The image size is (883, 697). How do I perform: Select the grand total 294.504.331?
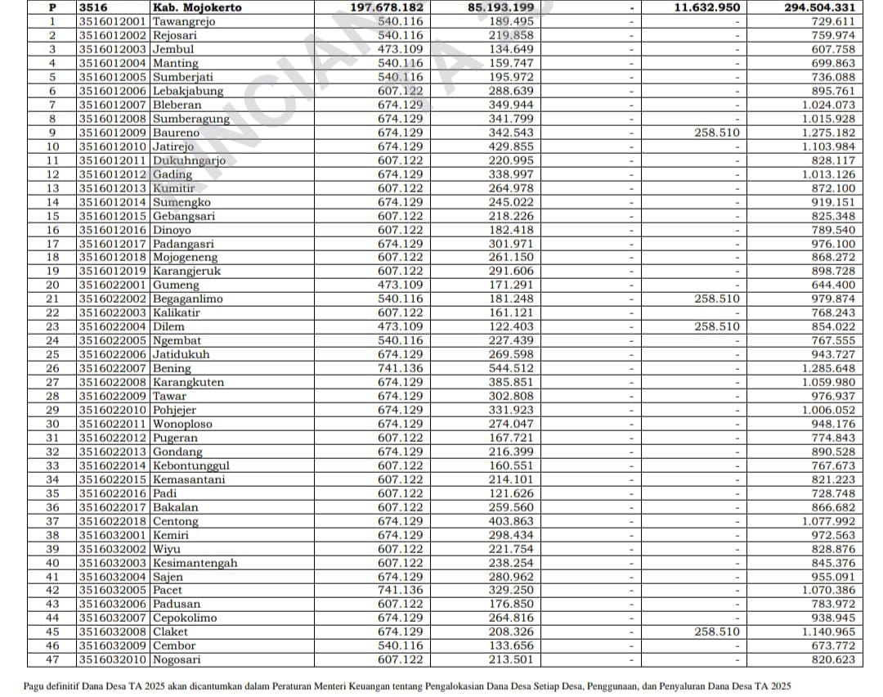pyautogui.click(x=815, y=7)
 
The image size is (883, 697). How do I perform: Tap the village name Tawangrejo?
pyautogui.click(x=184, y=21)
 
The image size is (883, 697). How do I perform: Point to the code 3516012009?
pyautogui.click(x=114, y=133)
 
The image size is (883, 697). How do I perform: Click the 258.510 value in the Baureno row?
pyautogui.click(x=717, y=133)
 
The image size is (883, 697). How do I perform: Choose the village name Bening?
pyautogui.click(x=172, y=368)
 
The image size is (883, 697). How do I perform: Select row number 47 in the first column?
pyautogui.click(x=52, y=659)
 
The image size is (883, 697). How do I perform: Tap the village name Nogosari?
pyautogui.click(x=177, y=659)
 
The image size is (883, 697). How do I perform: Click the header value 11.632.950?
pyautogui.click(x=707, y=7)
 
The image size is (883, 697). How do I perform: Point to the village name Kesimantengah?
pyautogui.click(x=195, y=563)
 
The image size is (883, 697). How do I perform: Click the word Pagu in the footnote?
pyautogui.click(x=35, y=686)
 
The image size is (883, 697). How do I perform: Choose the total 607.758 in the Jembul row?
pyautogui.click(x=831, y=49)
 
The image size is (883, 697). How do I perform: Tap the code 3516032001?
pyautogui.click(x=114, y=535)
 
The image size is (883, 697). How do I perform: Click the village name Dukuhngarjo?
pyautogui.click(x=189, y=160)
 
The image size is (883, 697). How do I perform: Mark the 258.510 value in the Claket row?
pyautogui.click(x=717, y=632)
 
